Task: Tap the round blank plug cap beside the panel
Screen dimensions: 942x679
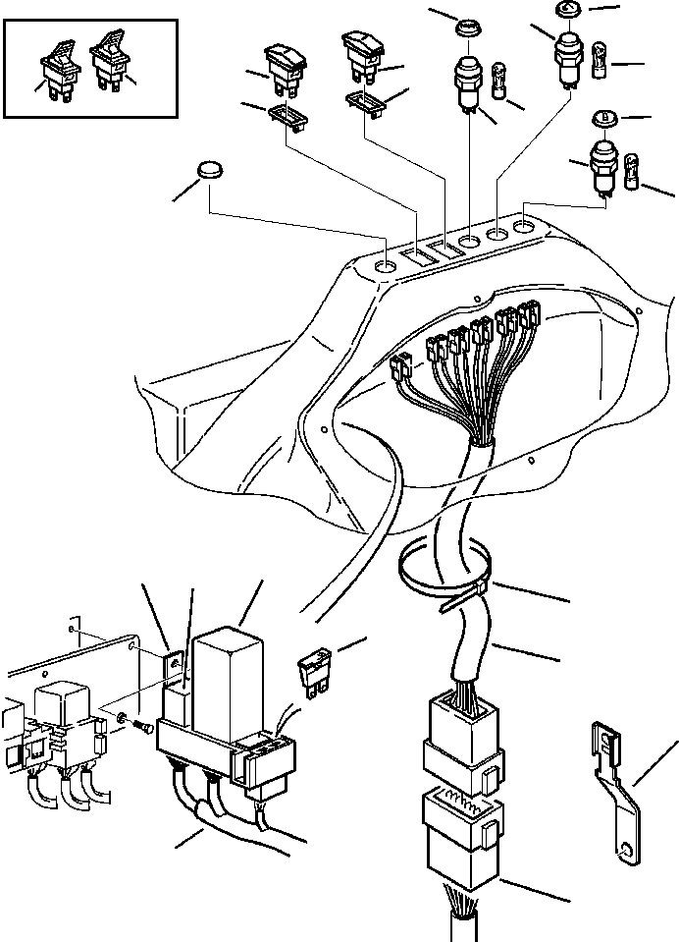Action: (210, 171)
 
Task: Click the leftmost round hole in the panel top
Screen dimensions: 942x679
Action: (387, 266)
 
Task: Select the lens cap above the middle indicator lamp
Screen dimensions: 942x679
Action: (467, 24)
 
